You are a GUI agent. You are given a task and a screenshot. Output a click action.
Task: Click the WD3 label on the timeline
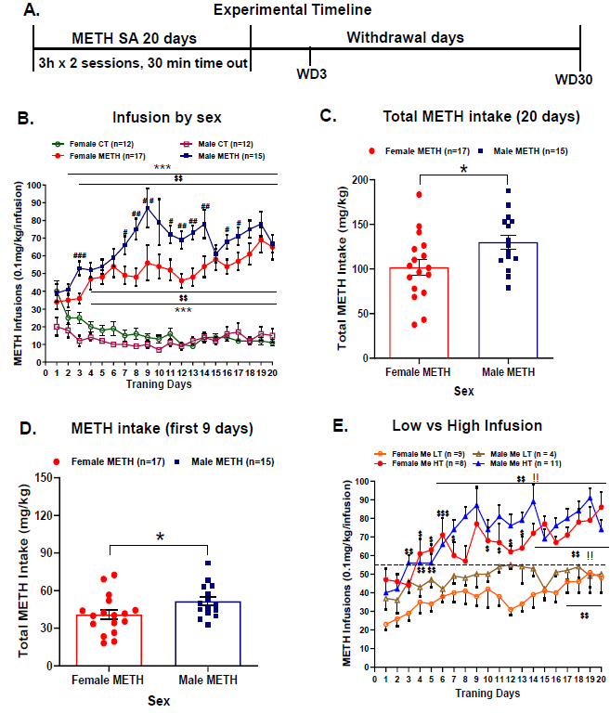click(x=308, y=72)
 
